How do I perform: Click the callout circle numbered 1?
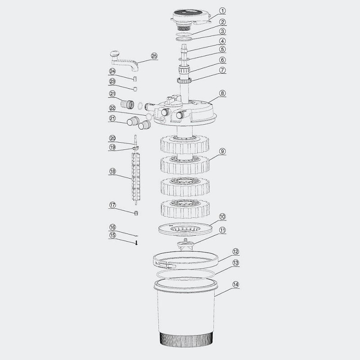pyautogui.click(x=222, y=10)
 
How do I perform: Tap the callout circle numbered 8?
pyautogui.click(x=222, y=94)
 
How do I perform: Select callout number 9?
pyautogui.click(x=222, y=151)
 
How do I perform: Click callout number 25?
pyautogui.click(x=154, y=56)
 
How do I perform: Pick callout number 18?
pyautogui.click(x=112, y=171)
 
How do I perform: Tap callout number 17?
pyautogui.click(x=112, y=205)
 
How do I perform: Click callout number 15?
pyautogui.click(x=112, y=235)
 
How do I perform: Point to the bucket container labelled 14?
pyautogui.click(x=185, y=315)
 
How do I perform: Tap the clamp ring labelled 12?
pyautogui.click(x=185, y=260)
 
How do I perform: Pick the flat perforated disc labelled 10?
pyautogui.click(x=185, y=228)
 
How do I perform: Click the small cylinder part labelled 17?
pyautogui.click(x=135, y=212)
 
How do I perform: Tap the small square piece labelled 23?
pyautogui.click(x=135, y=87)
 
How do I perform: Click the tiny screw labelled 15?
pyautogui.click(x=135, y=243)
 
